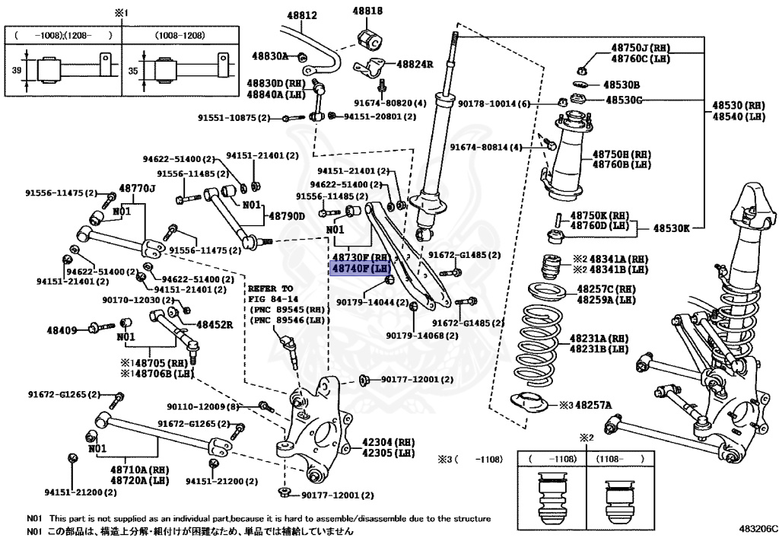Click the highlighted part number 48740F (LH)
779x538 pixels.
[361, 269]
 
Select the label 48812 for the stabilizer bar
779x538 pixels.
[301, 15]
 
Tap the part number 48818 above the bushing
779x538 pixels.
[367, 11]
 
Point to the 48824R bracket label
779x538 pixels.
[415, 64]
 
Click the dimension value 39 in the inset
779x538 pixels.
[17, 70]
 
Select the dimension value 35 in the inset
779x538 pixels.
[132, 71]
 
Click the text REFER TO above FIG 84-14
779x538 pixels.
[270, 288]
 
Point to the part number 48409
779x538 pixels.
[62, 329]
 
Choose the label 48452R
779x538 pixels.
[215, 325]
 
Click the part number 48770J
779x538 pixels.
[137, 188]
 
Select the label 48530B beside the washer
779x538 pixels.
[622, 85]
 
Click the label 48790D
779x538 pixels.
[287, 216]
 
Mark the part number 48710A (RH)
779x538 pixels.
[140, 470]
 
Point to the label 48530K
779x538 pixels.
[671, 228]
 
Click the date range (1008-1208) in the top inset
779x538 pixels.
[180, 35]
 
